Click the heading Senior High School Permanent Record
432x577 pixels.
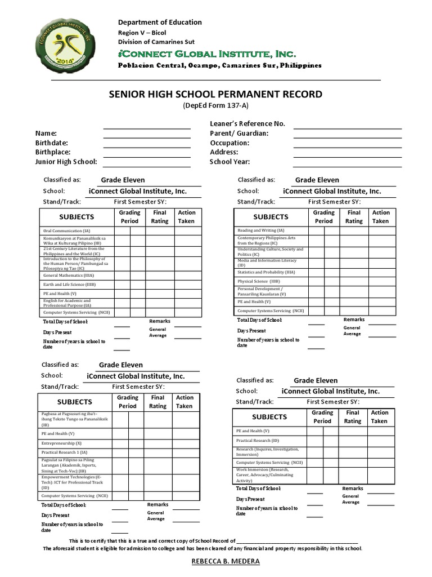(215, 94)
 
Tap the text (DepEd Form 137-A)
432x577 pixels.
(215, 106)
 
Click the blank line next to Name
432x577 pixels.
(146, 134)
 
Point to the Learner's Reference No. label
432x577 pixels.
(247, 123)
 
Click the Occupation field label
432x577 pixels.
(229, 143)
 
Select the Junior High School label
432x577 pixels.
(66, 162)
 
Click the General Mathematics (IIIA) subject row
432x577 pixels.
(67, 275)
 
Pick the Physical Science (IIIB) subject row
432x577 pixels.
(259, 281)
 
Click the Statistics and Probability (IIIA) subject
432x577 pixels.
(266, 272)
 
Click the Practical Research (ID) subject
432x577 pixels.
(257, 440)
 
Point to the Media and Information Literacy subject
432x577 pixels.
(267, 262)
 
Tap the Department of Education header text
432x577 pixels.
(160, 22)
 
